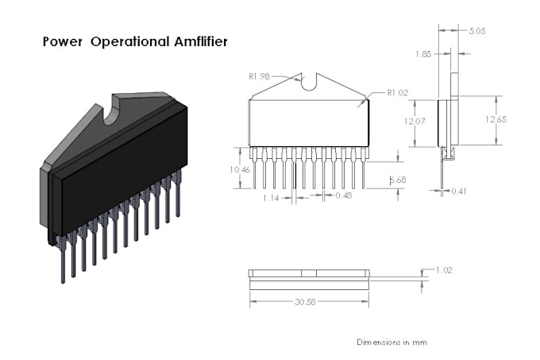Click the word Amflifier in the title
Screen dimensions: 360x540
point(195,41)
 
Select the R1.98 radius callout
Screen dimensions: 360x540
point(260,76)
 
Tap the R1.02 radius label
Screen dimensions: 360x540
point(397,93)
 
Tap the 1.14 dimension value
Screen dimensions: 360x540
point(272,197)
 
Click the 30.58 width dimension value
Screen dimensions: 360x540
point(309,302)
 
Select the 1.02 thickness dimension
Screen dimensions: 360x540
point(443,270)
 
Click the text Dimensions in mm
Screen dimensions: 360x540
point(391,342)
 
